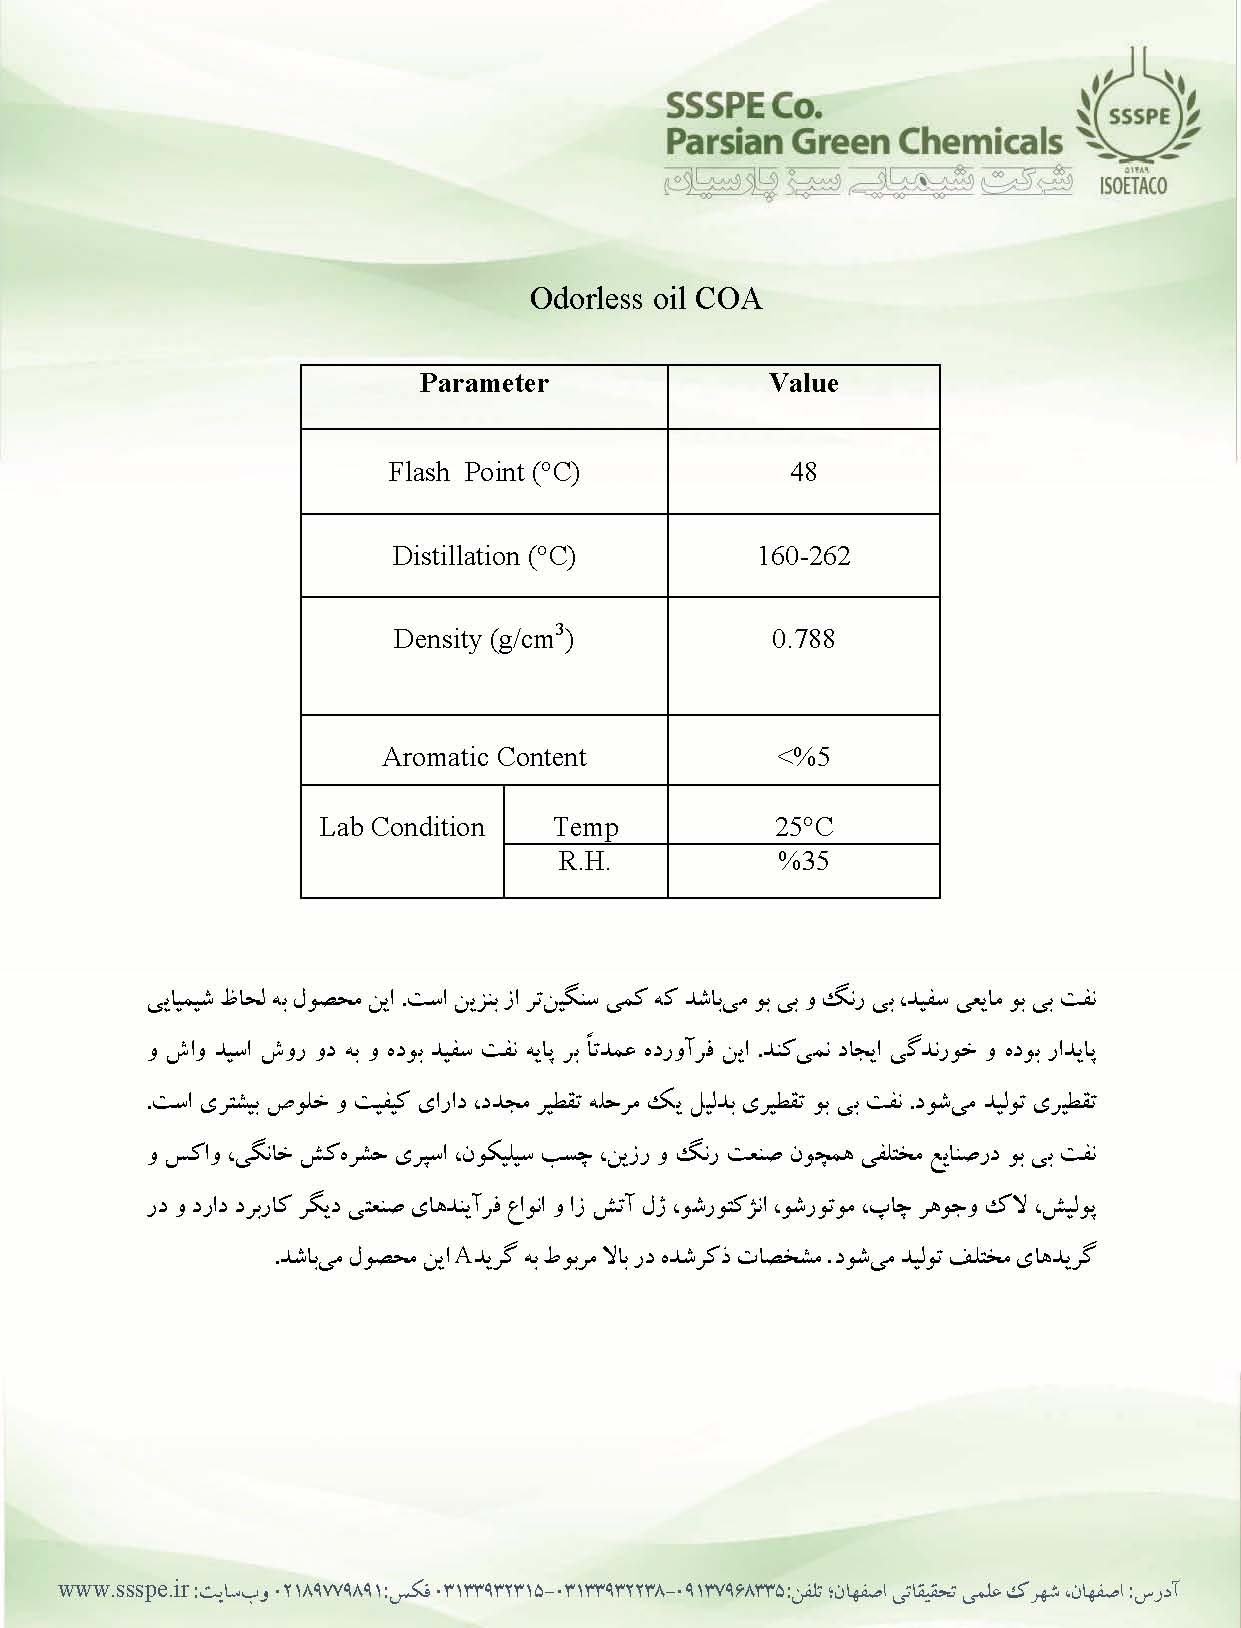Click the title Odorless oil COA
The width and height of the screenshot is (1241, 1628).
[645, 299]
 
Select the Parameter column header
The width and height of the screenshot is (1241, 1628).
[484, 384]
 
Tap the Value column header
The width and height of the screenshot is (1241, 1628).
[803, 384]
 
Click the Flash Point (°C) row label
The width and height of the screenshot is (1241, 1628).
[484, 472]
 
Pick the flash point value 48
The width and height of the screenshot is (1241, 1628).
[803, 472]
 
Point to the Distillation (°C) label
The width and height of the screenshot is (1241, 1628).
[484, 556]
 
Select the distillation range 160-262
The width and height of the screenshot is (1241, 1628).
[803, 556]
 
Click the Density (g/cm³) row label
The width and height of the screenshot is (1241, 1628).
[484, 639]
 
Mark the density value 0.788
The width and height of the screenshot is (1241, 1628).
[803, 639]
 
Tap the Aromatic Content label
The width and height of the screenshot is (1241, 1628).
[484, 757]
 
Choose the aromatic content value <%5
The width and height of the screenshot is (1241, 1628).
[803, 757]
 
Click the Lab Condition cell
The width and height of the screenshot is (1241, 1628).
[402, 828]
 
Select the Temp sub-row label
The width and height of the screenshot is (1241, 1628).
[585, 828]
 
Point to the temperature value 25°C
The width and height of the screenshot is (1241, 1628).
[803, 827]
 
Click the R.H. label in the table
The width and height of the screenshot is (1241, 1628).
[584, 861]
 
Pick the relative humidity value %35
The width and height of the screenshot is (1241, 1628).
[803, 861]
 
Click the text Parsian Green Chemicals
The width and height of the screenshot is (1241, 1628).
[864, 141]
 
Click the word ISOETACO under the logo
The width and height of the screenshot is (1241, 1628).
[1133, 186]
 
